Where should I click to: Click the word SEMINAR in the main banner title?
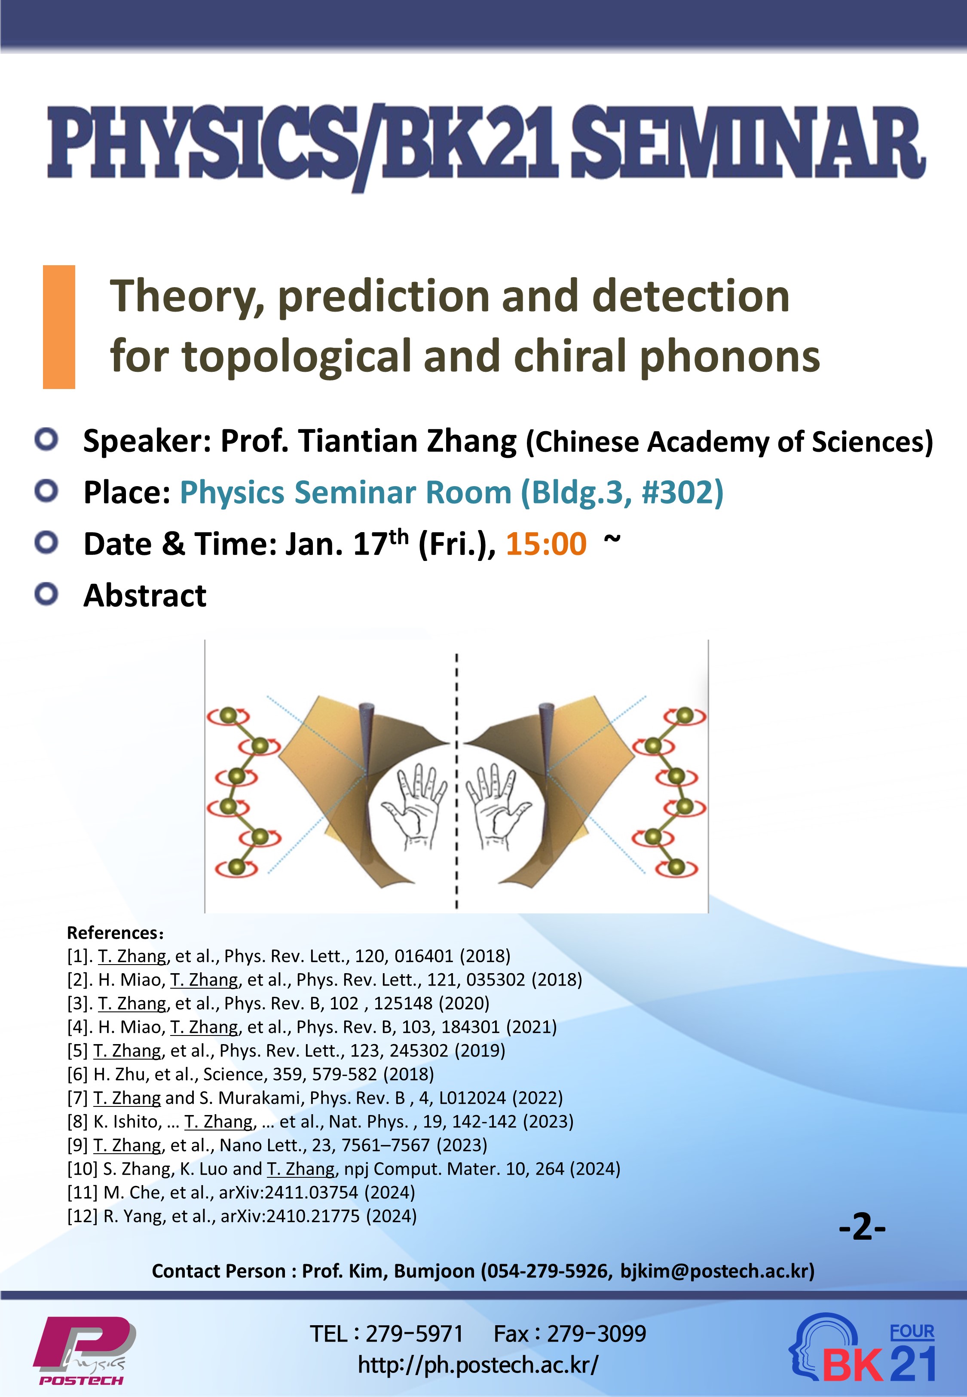(748, 143)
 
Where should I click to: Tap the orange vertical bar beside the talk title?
(59, 327)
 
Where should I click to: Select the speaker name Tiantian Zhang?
(407, 441)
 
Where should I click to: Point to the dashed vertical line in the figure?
(457, 781)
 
